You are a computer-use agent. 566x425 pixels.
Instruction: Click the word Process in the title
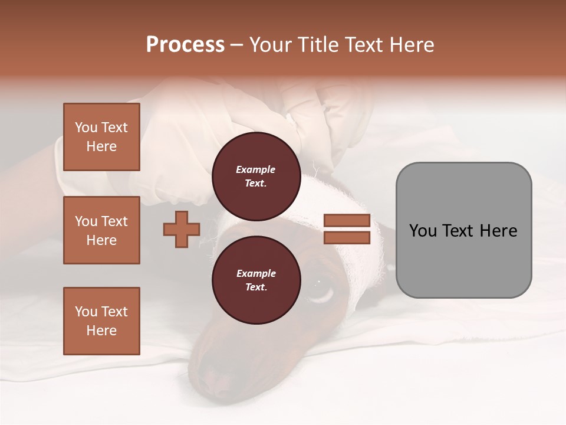pyautogui.click(x=185, y=45)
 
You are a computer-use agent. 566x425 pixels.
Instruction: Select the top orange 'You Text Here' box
pyautogui.click(x=101, y=137)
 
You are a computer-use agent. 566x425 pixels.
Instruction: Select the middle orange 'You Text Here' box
pyautogui.click(x=101, y=230)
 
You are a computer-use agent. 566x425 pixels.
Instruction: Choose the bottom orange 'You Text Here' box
pyautogui.click(x=101, y=321)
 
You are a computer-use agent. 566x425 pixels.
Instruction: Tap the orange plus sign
pyautogui.click(x=182, y=230)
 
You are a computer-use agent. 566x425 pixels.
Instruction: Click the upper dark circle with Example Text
pyautogui.click(x=256, y=176)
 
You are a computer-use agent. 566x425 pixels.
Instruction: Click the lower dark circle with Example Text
pyautogui.click(x=256, y=280)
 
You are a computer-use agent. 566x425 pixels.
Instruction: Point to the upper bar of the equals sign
pyautogui.click(x=347, y=221)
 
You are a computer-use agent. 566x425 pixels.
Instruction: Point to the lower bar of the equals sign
pyautogui.click(x=347, y=238)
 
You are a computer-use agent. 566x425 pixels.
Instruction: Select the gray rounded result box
pyautogui.click(x=463, y=230)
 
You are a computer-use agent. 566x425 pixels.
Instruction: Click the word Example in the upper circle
pyautogui.click(x=256, y=169)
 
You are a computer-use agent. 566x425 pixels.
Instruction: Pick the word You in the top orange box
pyautogui.click(x=85, y=127)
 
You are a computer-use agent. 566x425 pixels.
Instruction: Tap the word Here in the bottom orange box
pyautogui.click(x=101, y=331)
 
